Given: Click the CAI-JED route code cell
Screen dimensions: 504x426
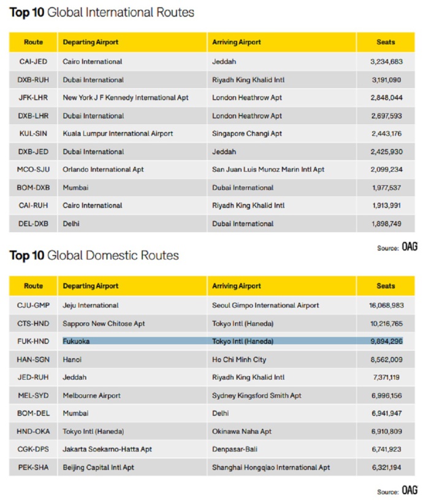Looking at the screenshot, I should click(33, 61).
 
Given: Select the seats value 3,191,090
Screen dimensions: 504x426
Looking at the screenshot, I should click(386, 80).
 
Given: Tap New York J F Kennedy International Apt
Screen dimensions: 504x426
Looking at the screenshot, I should click(125, 97).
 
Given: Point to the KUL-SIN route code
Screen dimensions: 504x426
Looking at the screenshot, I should click(33, 134).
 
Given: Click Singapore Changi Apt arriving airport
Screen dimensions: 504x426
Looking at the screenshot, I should click(246, 134).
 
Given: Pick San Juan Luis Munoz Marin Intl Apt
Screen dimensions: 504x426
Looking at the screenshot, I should click(268, 170).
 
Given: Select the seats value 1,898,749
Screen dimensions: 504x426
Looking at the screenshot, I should click(386, 224).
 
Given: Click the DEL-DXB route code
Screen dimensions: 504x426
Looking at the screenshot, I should click(33, 224).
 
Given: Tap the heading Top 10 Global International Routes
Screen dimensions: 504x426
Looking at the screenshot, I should click(101, 12).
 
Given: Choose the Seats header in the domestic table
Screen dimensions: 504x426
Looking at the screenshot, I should click(386, 286).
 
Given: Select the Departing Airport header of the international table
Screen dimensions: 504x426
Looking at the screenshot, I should click(91, 42).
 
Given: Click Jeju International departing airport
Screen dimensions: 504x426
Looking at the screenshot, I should click(90, 305).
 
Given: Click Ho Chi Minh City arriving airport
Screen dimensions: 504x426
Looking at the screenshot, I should click(241, 359).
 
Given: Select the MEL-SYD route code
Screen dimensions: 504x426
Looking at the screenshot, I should click(33, 396).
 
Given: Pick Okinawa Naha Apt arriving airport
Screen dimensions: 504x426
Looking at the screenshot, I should click(242, 431).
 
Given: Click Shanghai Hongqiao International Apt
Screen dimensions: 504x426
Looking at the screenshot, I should click(270, 467).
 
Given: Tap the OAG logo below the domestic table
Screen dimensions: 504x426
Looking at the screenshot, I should click(409, 491).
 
